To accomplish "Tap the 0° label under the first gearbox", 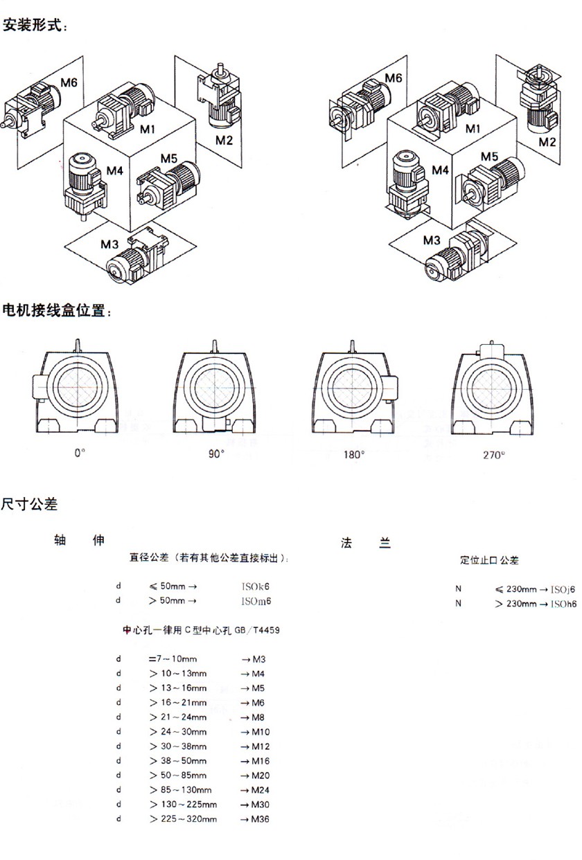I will coord(79,453).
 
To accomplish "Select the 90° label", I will coord(216,454).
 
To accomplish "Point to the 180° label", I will coord(353,455).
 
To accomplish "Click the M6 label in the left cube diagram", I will coord(68,83).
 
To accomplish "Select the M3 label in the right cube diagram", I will coord(432,240).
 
